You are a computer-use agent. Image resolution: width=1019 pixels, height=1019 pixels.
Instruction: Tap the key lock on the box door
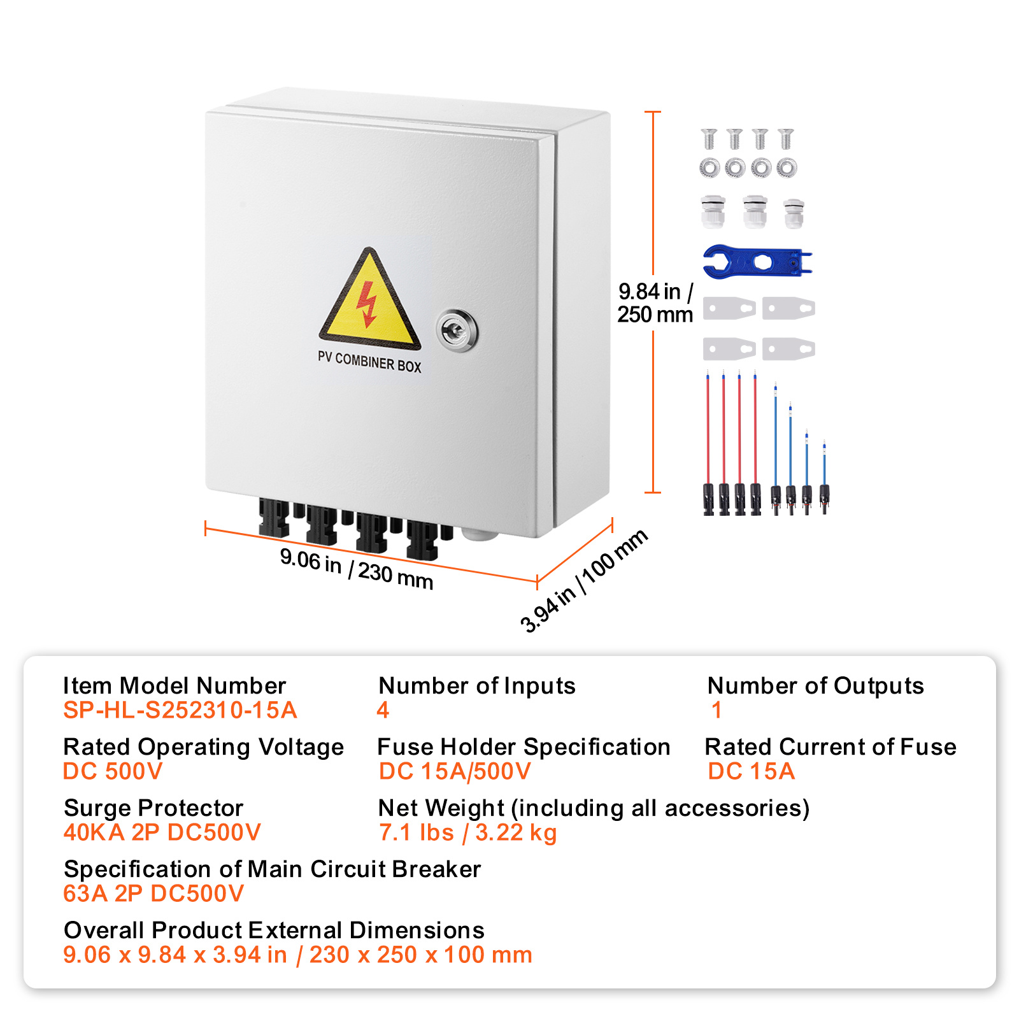pyautogui.click(x=457, y=330)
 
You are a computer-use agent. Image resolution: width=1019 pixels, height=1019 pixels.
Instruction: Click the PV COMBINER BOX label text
pyautogui.click(x=369, y=362)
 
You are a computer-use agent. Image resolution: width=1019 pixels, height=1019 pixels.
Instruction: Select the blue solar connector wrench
pyautogui.click(x=757, y=261)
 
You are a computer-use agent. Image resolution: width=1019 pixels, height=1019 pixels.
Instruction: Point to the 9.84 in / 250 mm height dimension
pyautogui.click(x=655, y=303)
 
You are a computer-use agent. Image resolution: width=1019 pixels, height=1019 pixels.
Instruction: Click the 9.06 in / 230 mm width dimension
pyautogui.click(x=357, y=569)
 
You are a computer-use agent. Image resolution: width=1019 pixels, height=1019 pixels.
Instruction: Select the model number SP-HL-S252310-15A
pyautogui.click(x=180, y=710)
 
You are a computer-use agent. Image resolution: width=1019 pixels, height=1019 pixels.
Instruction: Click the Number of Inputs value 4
pyautogui.click(x=383, y=710)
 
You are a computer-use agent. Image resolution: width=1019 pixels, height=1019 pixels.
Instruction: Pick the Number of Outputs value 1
pyautogui.click(x=716, y=710)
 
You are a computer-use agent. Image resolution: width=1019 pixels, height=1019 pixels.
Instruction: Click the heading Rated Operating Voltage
pyautogui.click(x=203, y=746)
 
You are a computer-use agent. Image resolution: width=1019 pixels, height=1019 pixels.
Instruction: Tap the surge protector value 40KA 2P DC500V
pyautogui.click(x=162, y=832)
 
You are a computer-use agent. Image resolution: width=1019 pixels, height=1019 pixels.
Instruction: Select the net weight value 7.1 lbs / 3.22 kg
pyautogui.click(x=467, y=832)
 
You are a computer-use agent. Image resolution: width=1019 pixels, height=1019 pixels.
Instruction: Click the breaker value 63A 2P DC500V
pyautogui.click(x=153, y=894)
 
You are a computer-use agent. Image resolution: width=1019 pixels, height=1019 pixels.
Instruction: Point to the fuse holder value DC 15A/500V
pyautogui.click(x=454, y=771)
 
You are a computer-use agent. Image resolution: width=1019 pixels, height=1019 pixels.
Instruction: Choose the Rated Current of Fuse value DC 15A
pyautogui.click(x=752, y=771)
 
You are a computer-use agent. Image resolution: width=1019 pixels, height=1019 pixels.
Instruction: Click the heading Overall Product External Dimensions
pyautogui.click(x=274, y=930)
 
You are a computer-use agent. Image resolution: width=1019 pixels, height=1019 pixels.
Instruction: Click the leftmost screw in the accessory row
pyautogui.click(x=709, y=138)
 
